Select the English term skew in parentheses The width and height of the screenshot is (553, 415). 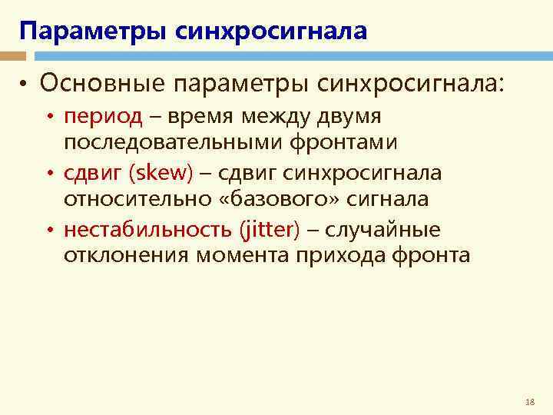[162, 173]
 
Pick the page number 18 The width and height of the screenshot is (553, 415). [529, 402]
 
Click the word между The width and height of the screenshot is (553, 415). [273, 117]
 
